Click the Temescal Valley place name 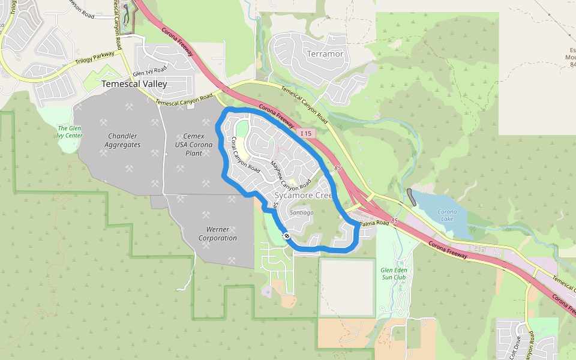click(x=134, y=84)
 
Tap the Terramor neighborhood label click(x=325, y=54)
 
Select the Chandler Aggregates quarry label click(x=122, y=140)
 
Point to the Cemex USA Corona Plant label click(x=194, y=145)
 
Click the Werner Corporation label click(x=217, y=233)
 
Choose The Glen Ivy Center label click(x=70, y=131)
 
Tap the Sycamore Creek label click(x=302, y=196)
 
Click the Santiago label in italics click(x=302, y=212)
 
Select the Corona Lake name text click(x=447, y=215)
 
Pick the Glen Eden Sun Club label click(x=394, y=274)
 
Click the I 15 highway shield click(x=306, y=133)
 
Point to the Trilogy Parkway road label click(x=95, y=58)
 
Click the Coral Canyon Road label click(x=245, y=155)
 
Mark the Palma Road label click(x=374, y=224)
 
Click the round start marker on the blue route click(x=287, y=236)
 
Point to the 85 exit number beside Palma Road click(x=394, y=221)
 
